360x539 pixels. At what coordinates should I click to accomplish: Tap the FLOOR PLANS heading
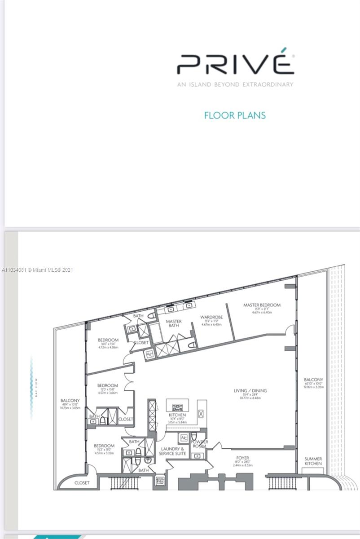tap(235, 115)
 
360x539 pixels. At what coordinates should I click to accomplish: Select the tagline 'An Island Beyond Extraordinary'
tap(235, 84)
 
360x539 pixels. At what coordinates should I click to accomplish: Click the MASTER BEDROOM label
tap(262, 305)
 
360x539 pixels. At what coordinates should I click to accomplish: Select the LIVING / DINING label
tap(250, 391)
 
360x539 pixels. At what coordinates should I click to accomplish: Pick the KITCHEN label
tap(177, 415)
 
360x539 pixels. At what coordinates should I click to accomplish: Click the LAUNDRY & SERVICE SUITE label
tap(172, 451)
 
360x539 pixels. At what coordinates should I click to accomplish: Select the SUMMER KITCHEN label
tap(313, 461)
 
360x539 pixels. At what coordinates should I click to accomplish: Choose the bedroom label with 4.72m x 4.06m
tap(108, 340)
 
